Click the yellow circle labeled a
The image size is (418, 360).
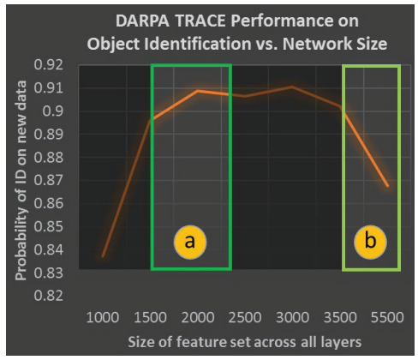pyautogui.click(x=190, y=243)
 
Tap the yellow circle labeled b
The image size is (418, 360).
pyautogui.click(x=370, y=243)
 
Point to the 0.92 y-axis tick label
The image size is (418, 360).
pyautogui.click(x=49, y=65)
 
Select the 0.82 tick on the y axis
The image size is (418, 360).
pyautogui.click(x=49, y=296)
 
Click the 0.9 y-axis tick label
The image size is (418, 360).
pyautogui.click(x=53, y=111)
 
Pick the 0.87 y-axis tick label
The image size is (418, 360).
pyautogui.click(x=49, y=180)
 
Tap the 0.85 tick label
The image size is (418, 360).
pyautogui.click(x=49, y=226)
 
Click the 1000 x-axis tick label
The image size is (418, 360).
pyautogui.click(x=103, y=317)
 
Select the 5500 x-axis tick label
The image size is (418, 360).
pyautogui.click(x=387, y=317)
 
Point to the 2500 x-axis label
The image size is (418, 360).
pyautogui.click(x=245, y=317)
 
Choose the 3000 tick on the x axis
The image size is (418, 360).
pyautogui.click(x=292, y=317)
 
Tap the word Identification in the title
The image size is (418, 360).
pyautogui.click(x=198, y=44)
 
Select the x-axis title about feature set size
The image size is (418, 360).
pyautogui.click(x=245, y=342)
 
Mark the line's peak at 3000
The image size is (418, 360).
pyautogui.click(x=292, y=87)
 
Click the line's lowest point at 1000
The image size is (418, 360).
pyautogui.click(x=103, y=256)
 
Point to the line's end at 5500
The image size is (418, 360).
pyautogui.click(x=387, y=186)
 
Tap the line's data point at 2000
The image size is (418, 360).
pyautogui.click(x=197, y=91)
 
